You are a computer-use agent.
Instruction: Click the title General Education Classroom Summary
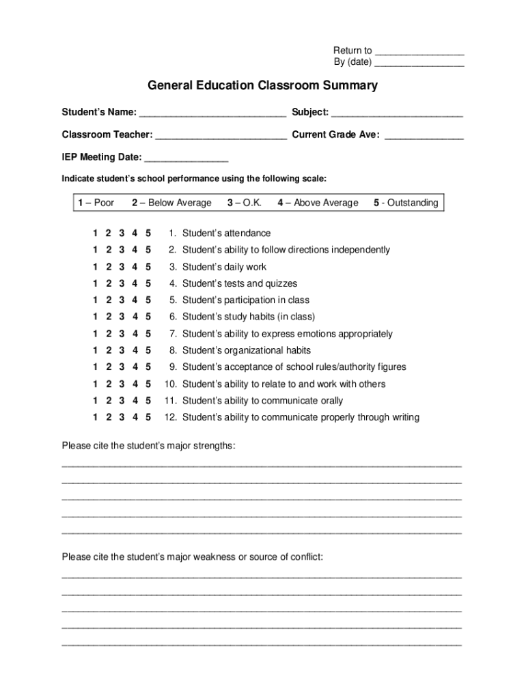tap(262, 86)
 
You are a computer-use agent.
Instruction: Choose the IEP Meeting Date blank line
tap(186, 159)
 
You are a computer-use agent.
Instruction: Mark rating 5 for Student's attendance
tap(148, 233)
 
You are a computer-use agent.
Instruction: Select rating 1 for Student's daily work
tap(95, 267)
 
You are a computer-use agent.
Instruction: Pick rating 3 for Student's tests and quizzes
tap(122, 283)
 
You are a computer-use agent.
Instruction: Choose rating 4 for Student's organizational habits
tap(135, 350)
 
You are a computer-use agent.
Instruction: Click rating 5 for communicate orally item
tap(148, 401)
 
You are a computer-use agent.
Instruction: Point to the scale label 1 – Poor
tap(96, 203)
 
